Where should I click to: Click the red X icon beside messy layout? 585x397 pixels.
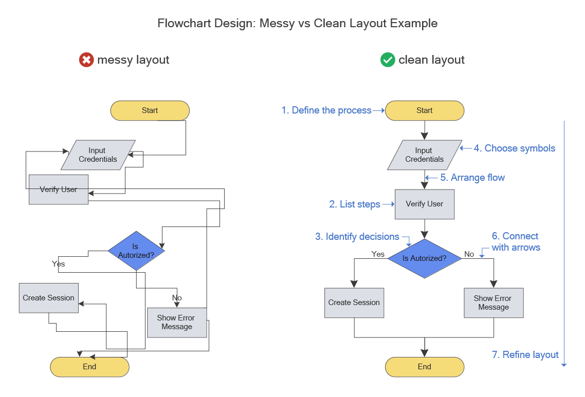coord(86,60)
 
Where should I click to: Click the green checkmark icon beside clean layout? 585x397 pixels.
coord(387,60)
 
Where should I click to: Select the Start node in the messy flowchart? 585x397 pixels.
coord(150,110)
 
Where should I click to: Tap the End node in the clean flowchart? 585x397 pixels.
coord(425,367)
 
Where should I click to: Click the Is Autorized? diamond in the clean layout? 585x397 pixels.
coord(425,258)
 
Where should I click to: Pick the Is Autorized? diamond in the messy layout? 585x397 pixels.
coord(136,251)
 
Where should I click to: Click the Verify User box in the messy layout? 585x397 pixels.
coord(59,190)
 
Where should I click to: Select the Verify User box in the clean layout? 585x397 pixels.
coord(425,204)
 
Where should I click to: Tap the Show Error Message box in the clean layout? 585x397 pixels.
coord(493,303)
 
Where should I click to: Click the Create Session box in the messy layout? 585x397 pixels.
coord(49,298)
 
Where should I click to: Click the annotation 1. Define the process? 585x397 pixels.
coord(326,110)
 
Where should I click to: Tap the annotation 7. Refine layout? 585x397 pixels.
coord(525,355)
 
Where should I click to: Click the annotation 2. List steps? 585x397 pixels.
coord(355,204)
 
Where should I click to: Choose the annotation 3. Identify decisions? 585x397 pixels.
coord(357,237)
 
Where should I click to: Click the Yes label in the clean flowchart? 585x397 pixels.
coord(378,254)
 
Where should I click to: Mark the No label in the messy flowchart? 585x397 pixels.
coord(177,298)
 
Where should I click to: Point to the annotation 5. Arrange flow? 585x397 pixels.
coord(472,178)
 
